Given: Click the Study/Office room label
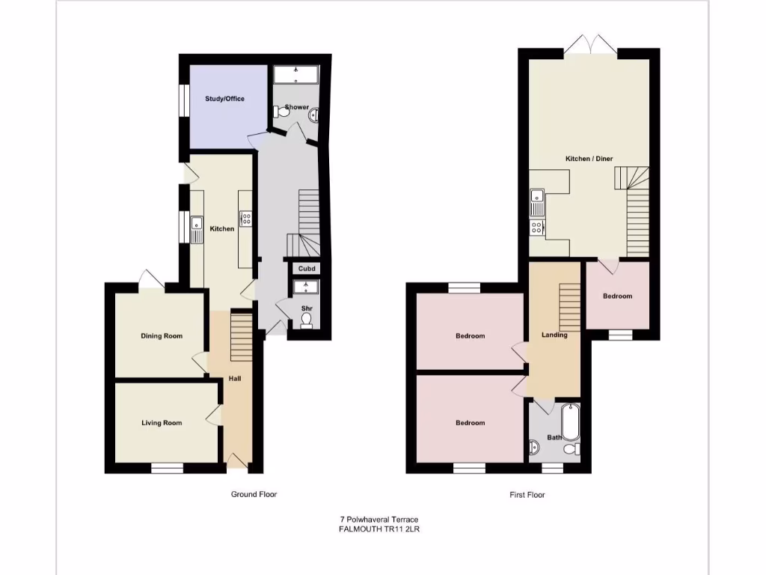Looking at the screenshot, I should click(225, 99).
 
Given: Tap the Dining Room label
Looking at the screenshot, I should click(162, 336).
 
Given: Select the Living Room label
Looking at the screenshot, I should click(162, 423).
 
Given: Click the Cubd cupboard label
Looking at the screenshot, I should click(306, 268).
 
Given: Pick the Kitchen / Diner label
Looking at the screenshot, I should click(589, 159).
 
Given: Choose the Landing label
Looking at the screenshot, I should click(554, 335).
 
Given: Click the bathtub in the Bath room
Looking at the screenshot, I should click(571, 422).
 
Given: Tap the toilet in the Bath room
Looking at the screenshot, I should click(572, 449).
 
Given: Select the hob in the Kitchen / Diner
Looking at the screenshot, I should click(537, 226).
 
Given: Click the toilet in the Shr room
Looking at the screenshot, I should click(306, 320).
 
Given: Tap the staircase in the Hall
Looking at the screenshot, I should click(239, 338).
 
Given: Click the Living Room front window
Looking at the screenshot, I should click(167, 469).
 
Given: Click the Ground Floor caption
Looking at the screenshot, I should click(254, 494).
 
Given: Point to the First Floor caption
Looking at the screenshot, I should click(527, 495).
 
